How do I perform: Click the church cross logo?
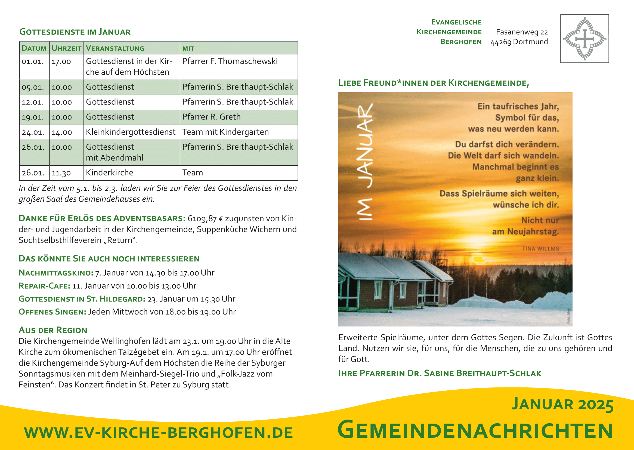click(x=584, y=39)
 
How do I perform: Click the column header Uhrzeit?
click(x=66, y=48)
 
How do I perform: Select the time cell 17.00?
click(x=61, y=61)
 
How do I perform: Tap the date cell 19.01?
click(x=33, y=117)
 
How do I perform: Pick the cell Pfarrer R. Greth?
click(x=211, y=117)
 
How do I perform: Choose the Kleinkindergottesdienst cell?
click(x=131, y=132)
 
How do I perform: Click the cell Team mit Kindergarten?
click(x=225, y=132)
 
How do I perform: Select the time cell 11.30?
click(x=61, y=173)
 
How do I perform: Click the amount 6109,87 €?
click(x=205, y=219)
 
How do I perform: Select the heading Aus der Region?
click(x=53, y=330)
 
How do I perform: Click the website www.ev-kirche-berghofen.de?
click(x=158, y=433)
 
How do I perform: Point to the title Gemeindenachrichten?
click(x=475, y=430)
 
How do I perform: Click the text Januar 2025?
click(x=562, y=404)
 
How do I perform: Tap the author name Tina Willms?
click(x=540, y=249)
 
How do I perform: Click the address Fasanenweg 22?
click(x=522, y=32)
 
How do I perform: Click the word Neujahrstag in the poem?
click(x=533, y=232)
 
